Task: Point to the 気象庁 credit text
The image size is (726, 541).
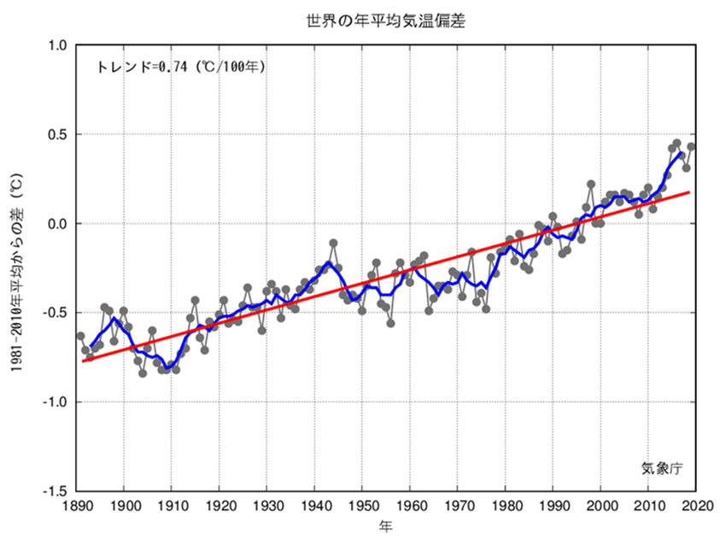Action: (x=663, y=467)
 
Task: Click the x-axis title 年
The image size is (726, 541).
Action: (x=386, y=527)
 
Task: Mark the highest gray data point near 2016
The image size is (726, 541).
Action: (x=676, y=144)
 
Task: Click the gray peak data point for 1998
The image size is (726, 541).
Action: (x=591, y=185)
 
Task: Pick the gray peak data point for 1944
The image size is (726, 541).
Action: (x=333, y=244)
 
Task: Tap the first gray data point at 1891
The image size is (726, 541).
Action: (x=80, y=336)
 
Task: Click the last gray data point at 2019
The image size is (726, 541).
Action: (x=691, y=147)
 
